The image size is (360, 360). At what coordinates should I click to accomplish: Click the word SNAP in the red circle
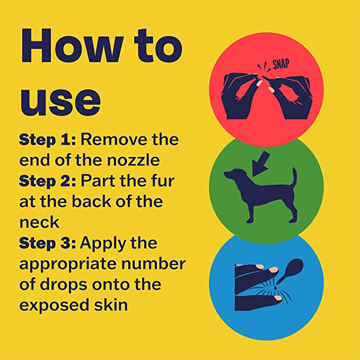(281, 64)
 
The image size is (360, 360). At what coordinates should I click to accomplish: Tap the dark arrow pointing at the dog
(261, 163)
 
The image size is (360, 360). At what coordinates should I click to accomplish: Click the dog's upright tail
(294, 178)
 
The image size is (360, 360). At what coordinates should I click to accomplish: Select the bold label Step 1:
(47, 139)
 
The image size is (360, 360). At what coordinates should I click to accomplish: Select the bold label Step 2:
(47, 181)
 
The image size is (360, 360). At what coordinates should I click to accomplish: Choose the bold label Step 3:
(47, 243)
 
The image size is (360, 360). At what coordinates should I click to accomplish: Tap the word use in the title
(60, 101)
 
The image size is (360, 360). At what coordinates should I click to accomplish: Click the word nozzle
(134, 160)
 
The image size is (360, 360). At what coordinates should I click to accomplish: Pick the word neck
(39, 222)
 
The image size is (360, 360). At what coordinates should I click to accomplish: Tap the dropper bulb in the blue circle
(294, 267)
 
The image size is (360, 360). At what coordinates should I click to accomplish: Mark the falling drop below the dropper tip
(275, 287)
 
